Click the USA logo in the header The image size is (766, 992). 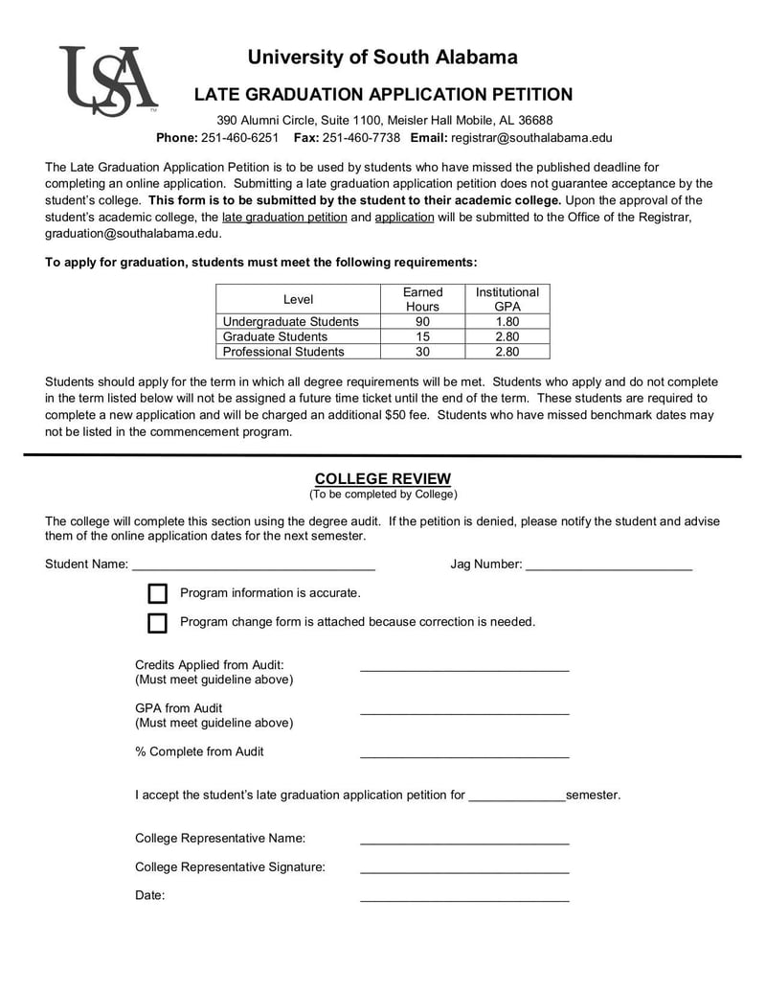click(107, 81)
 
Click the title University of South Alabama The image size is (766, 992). click(382, 58)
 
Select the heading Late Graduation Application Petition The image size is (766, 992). click(383, 95)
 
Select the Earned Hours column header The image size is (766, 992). click(422, 299)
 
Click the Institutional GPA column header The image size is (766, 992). click(507, 299)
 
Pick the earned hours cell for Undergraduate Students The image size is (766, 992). click(422, 322)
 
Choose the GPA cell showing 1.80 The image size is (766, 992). click(507, 322)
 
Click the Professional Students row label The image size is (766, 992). click(283, 352)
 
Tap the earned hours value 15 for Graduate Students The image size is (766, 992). click(422, 337)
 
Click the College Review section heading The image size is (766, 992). click(382, 479)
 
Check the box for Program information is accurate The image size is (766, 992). click(158, 594)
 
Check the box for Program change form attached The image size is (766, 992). click(158, 623)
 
